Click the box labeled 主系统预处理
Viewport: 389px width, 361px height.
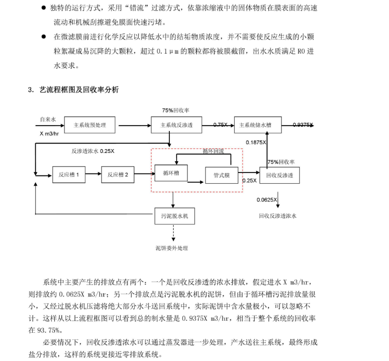[90, 125]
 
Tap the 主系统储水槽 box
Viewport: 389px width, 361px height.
[258, 125]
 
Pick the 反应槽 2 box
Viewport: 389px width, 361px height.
[118, 174]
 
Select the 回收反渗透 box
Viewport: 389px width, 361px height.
[279, 175]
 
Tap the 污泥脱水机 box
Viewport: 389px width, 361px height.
[174, 215]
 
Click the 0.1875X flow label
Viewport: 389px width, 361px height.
[256, 142]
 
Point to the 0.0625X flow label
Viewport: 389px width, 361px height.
[267, 200]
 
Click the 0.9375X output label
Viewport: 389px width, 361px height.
[303, 125]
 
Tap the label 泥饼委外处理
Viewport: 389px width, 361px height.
[171, 248]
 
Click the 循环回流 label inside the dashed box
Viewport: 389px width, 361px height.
[213, 151]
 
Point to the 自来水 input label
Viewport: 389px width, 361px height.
[48, 118]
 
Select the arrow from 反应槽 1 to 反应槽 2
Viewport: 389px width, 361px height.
[93, 174]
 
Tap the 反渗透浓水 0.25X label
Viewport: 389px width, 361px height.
[93, 151]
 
